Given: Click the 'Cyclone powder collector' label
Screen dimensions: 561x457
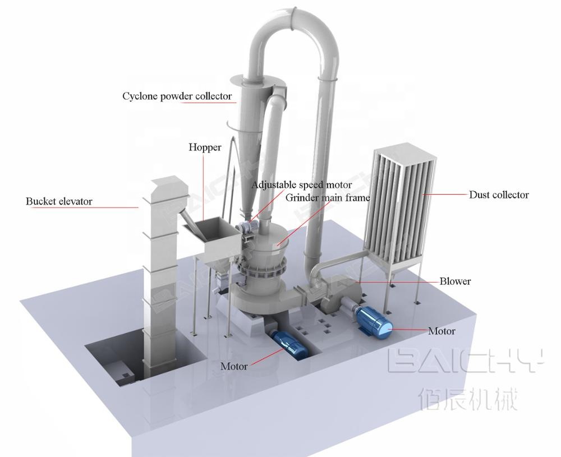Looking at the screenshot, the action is point(177,96).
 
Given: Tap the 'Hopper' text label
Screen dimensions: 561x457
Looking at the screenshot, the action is point(205,147).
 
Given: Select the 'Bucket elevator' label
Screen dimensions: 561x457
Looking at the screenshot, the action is point(59,201).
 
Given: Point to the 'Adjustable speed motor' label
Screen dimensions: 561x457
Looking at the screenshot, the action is point(301,185).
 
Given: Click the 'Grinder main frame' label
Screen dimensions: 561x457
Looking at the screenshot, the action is point(328,197).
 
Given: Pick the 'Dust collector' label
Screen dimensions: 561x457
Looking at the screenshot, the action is point(499,195).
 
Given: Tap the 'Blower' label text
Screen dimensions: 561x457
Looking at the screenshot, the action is point(455,281).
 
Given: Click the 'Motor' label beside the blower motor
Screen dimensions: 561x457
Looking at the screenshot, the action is point(442,331).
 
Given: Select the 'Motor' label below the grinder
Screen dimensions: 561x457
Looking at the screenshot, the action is point(234,366).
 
